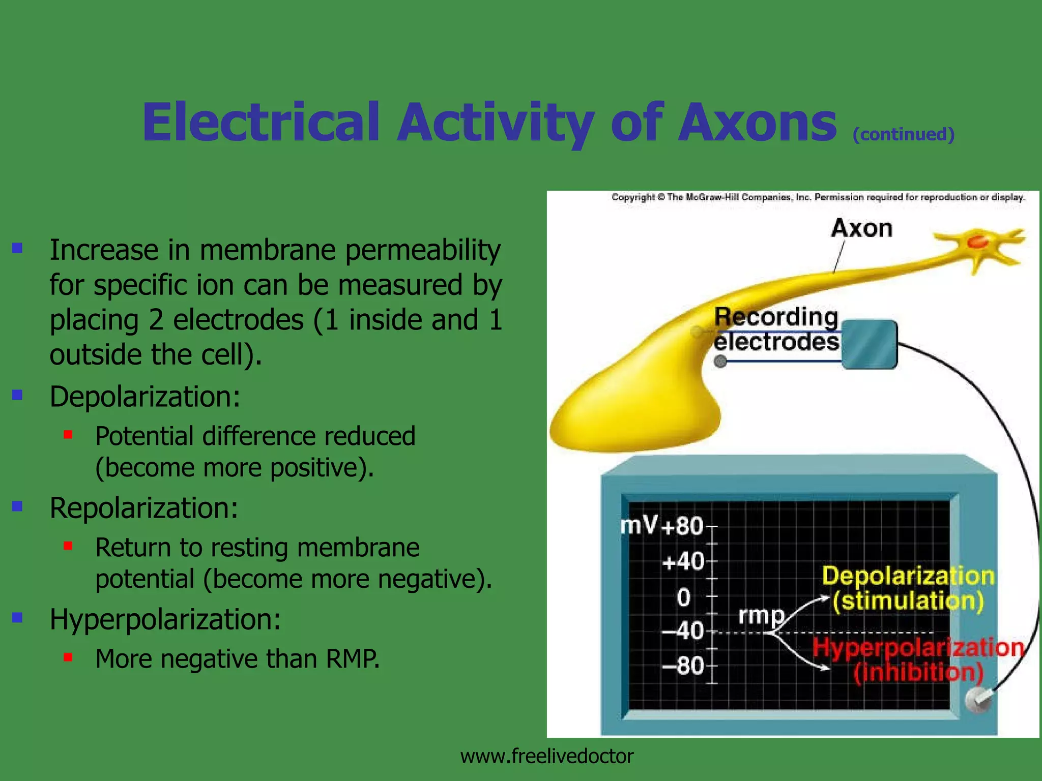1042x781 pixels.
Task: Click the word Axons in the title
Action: [x=757, y=123]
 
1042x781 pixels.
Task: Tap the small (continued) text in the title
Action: [x=903, y=134]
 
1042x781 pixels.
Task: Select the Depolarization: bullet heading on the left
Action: [x=144, y=397]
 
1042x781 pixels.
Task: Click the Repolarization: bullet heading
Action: [x=143, y=508]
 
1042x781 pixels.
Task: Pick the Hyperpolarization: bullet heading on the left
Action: [x=165, y=619]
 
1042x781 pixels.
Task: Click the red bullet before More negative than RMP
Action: [x=68, y=657]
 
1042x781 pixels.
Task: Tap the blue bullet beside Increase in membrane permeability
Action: [x=18, y=248]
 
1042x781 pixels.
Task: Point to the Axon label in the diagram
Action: [x=861, y=228]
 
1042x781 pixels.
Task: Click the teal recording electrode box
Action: [x=869, y=344]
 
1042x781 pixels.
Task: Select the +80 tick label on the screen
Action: [x=682, y=526]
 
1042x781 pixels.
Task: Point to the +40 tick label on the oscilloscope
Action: [x=683, y=562]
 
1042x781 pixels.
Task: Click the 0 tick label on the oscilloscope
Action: [x=684, y=597]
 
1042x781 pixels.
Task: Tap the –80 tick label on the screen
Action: [x=683, y=666]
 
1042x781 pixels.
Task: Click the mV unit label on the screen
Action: [x=639, y=525]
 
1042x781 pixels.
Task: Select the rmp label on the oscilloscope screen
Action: [x=761, y=615]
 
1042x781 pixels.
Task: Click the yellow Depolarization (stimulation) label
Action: [x=908, y=588]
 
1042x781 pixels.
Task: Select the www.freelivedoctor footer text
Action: [x=546, y=757]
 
